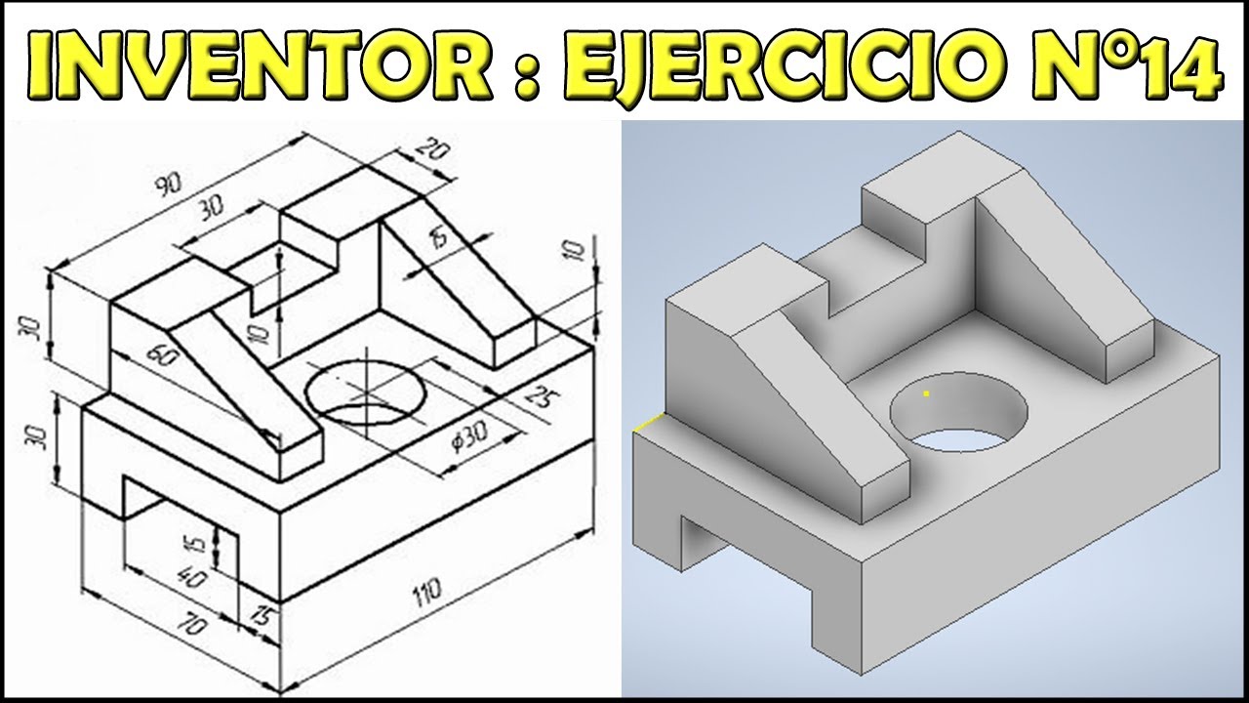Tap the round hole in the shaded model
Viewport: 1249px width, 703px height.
(x=959, y=414)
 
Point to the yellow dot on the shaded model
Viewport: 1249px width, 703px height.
(x=925, y=393)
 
